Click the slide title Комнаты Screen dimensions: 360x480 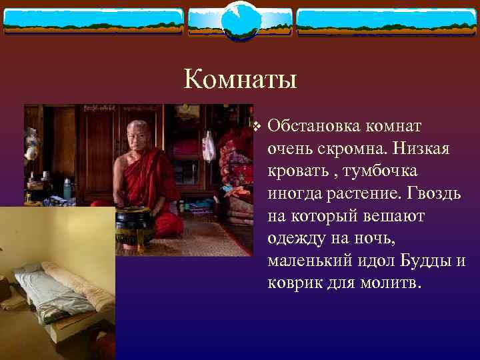click(x=240, y=79)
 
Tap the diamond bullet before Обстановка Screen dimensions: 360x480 click(x=257, y=126)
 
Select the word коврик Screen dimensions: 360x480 click(x=293, y=282)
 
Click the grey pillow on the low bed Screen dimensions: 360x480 click(x=30, y=270)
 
